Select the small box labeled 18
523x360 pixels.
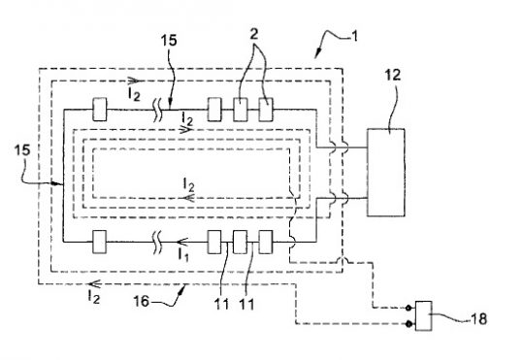click(x=425, y=315)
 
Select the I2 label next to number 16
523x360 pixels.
click(x=94, y=292)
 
